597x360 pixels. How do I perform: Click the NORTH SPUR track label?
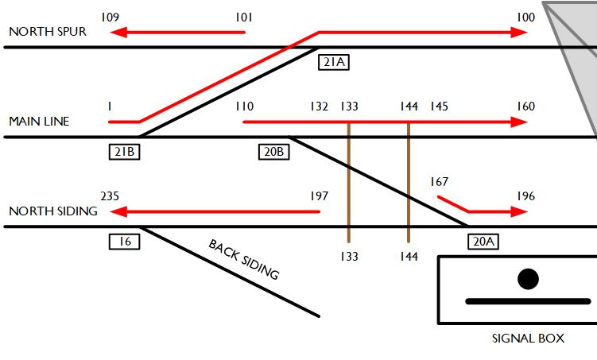click(x=47, y=32)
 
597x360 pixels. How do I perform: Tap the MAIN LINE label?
click(x=39, y=122)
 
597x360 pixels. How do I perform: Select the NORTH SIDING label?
click(x=52, y=211)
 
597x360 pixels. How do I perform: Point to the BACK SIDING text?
click(x=244, y=259)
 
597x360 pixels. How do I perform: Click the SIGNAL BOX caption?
click(x=528, y=338)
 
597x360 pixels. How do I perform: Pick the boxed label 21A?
click(x=333, y=61)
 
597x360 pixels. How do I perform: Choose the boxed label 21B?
click(x=124, y=151)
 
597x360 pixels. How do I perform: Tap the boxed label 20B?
click(x=273, y=151)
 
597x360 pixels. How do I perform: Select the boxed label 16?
click(x=124, y=241)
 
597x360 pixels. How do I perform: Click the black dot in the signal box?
click(x=528, y=279)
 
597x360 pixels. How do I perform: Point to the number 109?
click(x=110, y=17)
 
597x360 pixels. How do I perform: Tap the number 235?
click(x=110, y=196)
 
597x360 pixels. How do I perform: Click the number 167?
click(x=440, y=182)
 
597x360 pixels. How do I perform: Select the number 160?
click(x=525, y=106)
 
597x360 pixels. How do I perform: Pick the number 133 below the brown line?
click(x=349, y=256)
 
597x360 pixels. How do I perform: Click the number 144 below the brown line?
click(x=409, y=256)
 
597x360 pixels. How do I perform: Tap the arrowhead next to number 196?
click(x=520, y=212)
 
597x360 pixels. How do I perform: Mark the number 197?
click(x=320, y=196)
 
